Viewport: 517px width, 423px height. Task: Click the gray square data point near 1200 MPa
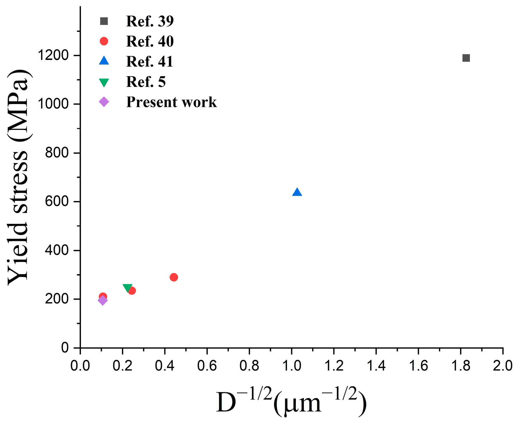point(466,58)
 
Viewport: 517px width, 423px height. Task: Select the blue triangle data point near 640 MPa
point(297,192)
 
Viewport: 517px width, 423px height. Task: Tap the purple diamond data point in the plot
point(102,300)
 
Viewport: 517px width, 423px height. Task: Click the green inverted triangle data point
point(127,288)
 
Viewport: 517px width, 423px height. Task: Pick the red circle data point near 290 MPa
point(174,277)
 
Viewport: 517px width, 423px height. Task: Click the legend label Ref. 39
point(150,21)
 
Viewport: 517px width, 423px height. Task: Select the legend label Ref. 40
point(150,41)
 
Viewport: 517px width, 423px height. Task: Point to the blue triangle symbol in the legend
point(104,61)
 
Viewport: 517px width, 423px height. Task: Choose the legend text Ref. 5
point(146,82)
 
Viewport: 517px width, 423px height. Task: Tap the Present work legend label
point(171,102)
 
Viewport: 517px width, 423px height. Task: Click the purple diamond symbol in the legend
point(104,102)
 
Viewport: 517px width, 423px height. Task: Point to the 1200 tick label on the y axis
point(53,55)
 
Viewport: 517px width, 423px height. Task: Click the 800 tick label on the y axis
point(57,153)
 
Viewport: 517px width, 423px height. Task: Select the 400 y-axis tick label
point(57,250)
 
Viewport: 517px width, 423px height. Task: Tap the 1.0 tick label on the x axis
point(292,366)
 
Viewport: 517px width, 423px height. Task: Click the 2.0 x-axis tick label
point(503,366)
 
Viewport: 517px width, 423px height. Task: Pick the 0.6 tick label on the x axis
point(207,366)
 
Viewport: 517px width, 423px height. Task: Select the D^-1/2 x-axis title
point(291,401)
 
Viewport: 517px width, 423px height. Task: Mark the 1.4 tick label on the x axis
point(376,366)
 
